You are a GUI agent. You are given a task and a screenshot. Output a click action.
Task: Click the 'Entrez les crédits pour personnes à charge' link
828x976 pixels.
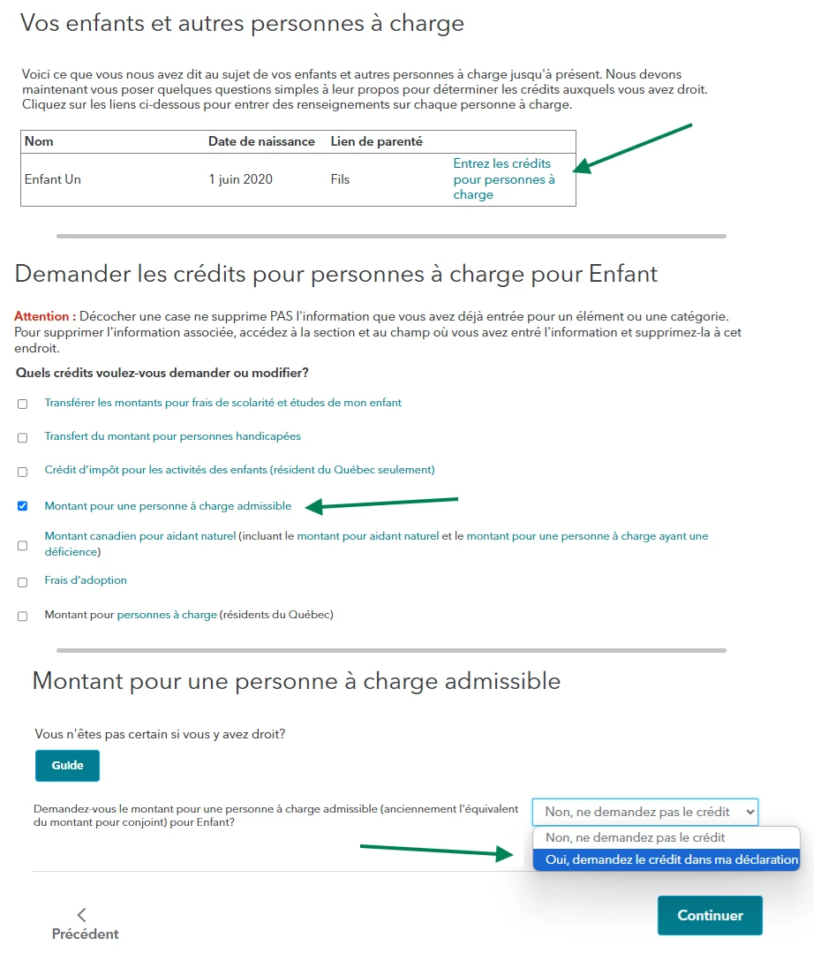pos(503,179)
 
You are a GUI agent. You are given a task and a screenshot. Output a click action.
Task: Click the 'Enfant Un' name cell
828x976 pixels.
pos(53,179)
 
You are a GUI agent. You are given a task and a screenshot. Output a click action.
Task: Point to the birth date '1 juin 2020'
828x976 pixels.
pos(240,179)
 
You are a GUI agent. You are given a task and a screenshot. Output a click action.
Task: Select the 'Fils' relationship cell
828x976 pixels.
pos(340,179)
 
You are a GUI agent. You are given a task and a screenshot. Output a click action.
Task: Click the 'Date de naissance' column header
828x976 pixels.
pos(261,141)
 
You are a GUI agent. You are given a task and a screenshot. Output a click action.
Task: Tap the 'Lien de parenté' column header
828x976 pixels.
pos(376,141)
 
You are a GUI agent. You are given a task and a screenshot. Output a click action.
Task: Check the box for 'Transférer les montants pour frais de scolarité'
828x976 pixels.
pos(23,404)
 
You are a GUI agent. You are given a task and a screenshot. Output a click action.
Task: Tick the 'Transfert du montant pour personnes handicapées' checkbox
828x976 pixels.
pos(23,437)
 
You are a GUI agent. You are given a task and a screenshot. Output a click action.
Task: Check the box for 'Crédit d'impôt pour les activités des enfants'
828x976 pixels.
pos(23,471)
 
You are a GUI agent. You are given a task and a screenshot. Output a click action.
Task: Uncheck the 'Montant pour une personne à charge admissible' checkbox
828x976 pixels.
pos(23,506)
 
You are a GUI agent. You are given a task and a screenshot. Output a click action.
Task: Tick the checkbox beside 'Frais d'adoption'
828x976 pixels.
pos(23,582)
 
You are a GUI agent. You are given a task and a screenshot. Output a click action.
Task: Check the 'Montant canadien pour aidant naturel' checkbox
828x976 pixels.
pos(23,545)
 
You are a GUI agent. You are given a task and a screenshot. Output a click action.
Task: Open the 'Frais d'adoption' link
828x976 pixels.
pos(86,580)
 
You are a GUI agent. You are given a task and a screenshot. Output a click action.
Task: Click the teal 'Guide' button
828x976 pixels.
pos(67,766)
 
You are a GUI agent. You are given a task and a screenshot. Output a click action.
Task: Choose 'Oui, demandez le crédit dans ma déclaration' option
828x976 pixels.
pos(671,859)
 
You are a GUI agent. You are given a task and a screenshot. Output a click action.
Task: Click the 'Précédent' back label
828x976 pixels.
pos(85,934)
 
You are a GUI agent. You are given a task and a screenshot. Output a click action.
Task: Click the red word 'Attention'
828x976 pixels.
pos(41,316)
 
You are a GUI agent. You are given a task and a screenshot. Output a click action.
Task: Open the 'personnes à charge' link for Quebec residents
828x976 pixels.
pos(167,615)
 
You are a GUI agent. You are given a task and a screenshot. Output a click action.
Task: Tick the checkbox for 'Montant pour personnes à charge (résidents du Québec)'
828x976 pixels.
pos(23,617)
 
